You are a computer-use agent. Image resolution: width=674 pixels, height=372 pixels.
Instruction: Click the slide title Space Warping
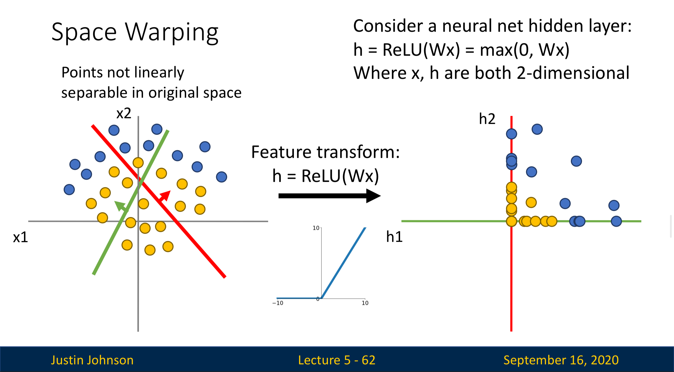pos(135,32)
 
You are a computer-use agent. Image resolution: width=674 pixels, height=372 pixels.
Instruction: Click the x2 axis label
pos(124,114)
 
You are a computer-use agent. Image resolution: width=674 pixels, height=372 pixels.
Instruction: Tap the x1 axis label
pos(21,237)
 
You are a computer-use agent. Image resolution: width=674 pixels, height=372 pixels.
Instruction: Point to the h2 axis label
pos(487,119)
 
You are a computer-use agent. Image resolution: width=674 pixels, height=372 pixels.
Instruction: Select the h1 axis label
pos(394,237)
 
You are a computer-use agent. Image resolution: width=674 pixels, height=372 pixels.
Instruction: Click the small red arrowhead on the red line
pos(165,196)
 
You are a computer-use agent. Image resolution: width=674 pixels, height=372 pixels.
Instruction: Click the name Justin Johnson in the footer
pos(92,360)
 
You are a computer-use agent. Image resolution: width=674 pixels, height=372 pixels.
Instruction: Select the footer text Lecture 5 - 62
pos(337,360)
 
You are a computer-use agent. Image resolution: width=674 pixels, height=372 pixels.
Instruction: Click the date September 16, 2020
pos(561,360)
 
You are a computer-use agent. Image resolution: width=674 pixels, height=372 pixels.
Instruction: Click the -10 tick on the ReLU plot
pos(278,303)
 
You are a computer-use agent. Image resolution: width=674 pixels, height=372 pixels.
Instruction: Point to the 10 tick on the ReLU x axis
pos(365,303)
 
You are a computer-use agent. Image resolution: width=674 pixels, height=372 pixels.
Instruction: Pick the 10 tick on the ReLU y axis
pos(316,228)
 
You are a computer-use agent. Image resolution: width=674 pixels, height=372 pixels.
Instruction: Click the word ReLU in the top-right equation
pos(402,50)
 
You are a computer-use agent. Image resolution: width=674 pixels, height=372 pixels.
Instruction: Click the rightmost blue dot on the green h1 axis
pos(616,221)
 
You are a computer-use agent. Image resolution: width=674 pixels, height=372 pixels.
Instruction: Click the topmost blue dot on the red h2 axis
pos(511,134)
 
